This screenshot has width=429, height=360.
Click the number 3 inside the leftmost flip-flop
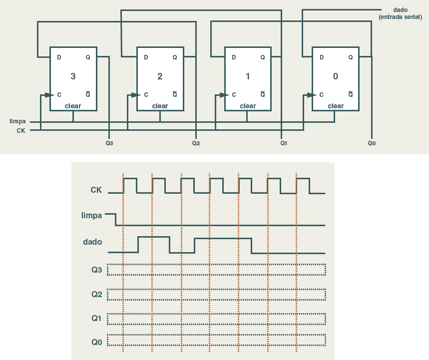pyautogui.click(x=73, y=76)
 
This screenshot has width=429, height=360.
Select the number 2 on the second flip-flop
pyautogui.click(x=160, y=76)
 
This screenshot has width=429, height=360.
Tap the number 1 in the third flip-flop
pyautogui.click(x=248, y=76)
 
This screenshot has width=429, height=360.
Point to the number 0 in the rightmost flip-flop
pyautogui.click(x=335, y=76)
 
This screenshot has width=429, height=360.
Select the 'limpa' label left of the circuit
pyautogui.click(x=17, y=121)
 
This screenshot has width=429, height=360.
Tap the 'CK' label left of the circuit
pyautogui.click(x=21, y=130)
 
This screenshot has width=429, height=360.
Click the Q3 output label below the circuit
pyautogui.click(x=109, y=143)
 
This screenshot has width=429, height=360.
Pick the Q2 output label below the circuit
pyautogui.click(x=196, y=143)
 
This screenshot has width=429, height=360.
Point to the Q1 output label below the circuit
pyautogui.click(x=284, y=143)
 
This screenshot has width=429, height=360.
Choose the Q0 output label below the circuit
pyautogui.click(x=372, y=143)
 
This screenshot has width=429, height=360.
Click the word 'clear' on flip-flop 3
pyautogui.click(x=73, y=106)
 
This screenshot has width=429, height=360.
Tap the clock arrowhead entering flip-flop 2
pyautogui.click(x=135, y=94)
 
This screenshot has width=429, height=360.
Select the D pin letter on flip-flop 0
pyautogui.click(x=322, y=57)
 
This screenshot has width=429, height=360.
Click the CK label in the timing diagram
pyautogui.click(x=96, y=190)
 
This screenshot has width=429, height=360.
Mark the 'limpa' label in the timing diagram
pyautogui.click(x=91, y=216)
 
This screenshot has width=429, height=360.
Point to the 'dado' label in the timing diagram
pyautogui.click(x=92, y=242)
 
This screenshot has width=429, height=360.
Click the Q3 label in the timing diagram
pyautogui.click(x=97, y=270)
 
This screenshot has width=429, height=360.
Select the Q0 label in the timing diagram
pyautogui.click(x=97, y=342)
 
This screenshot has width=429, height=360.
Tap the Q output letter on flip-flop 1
pyautogui.click(x=263, y=57)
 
